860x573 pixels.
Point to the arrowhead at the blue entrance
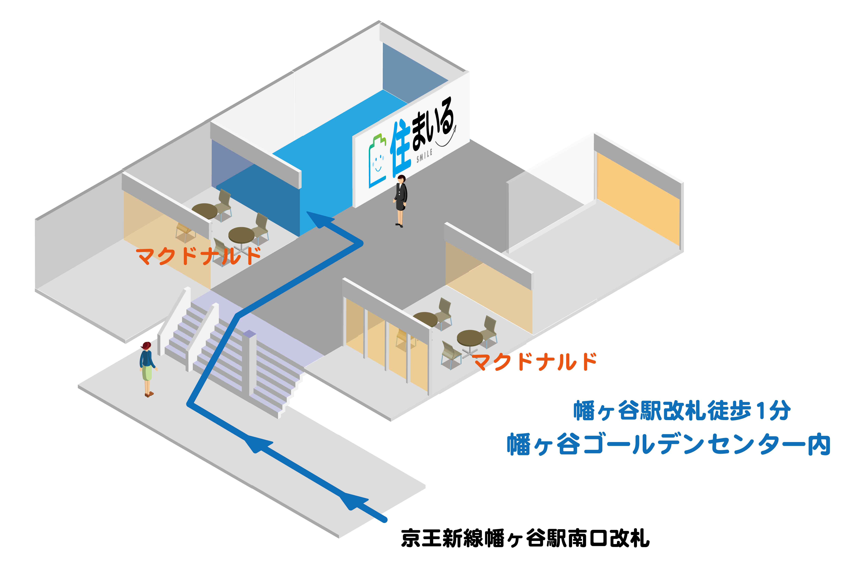tap(318, 219)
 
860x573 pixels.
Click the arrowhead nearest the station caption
tap(354, 501)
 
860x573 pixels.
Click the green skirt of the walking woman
tap(147, 373)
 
